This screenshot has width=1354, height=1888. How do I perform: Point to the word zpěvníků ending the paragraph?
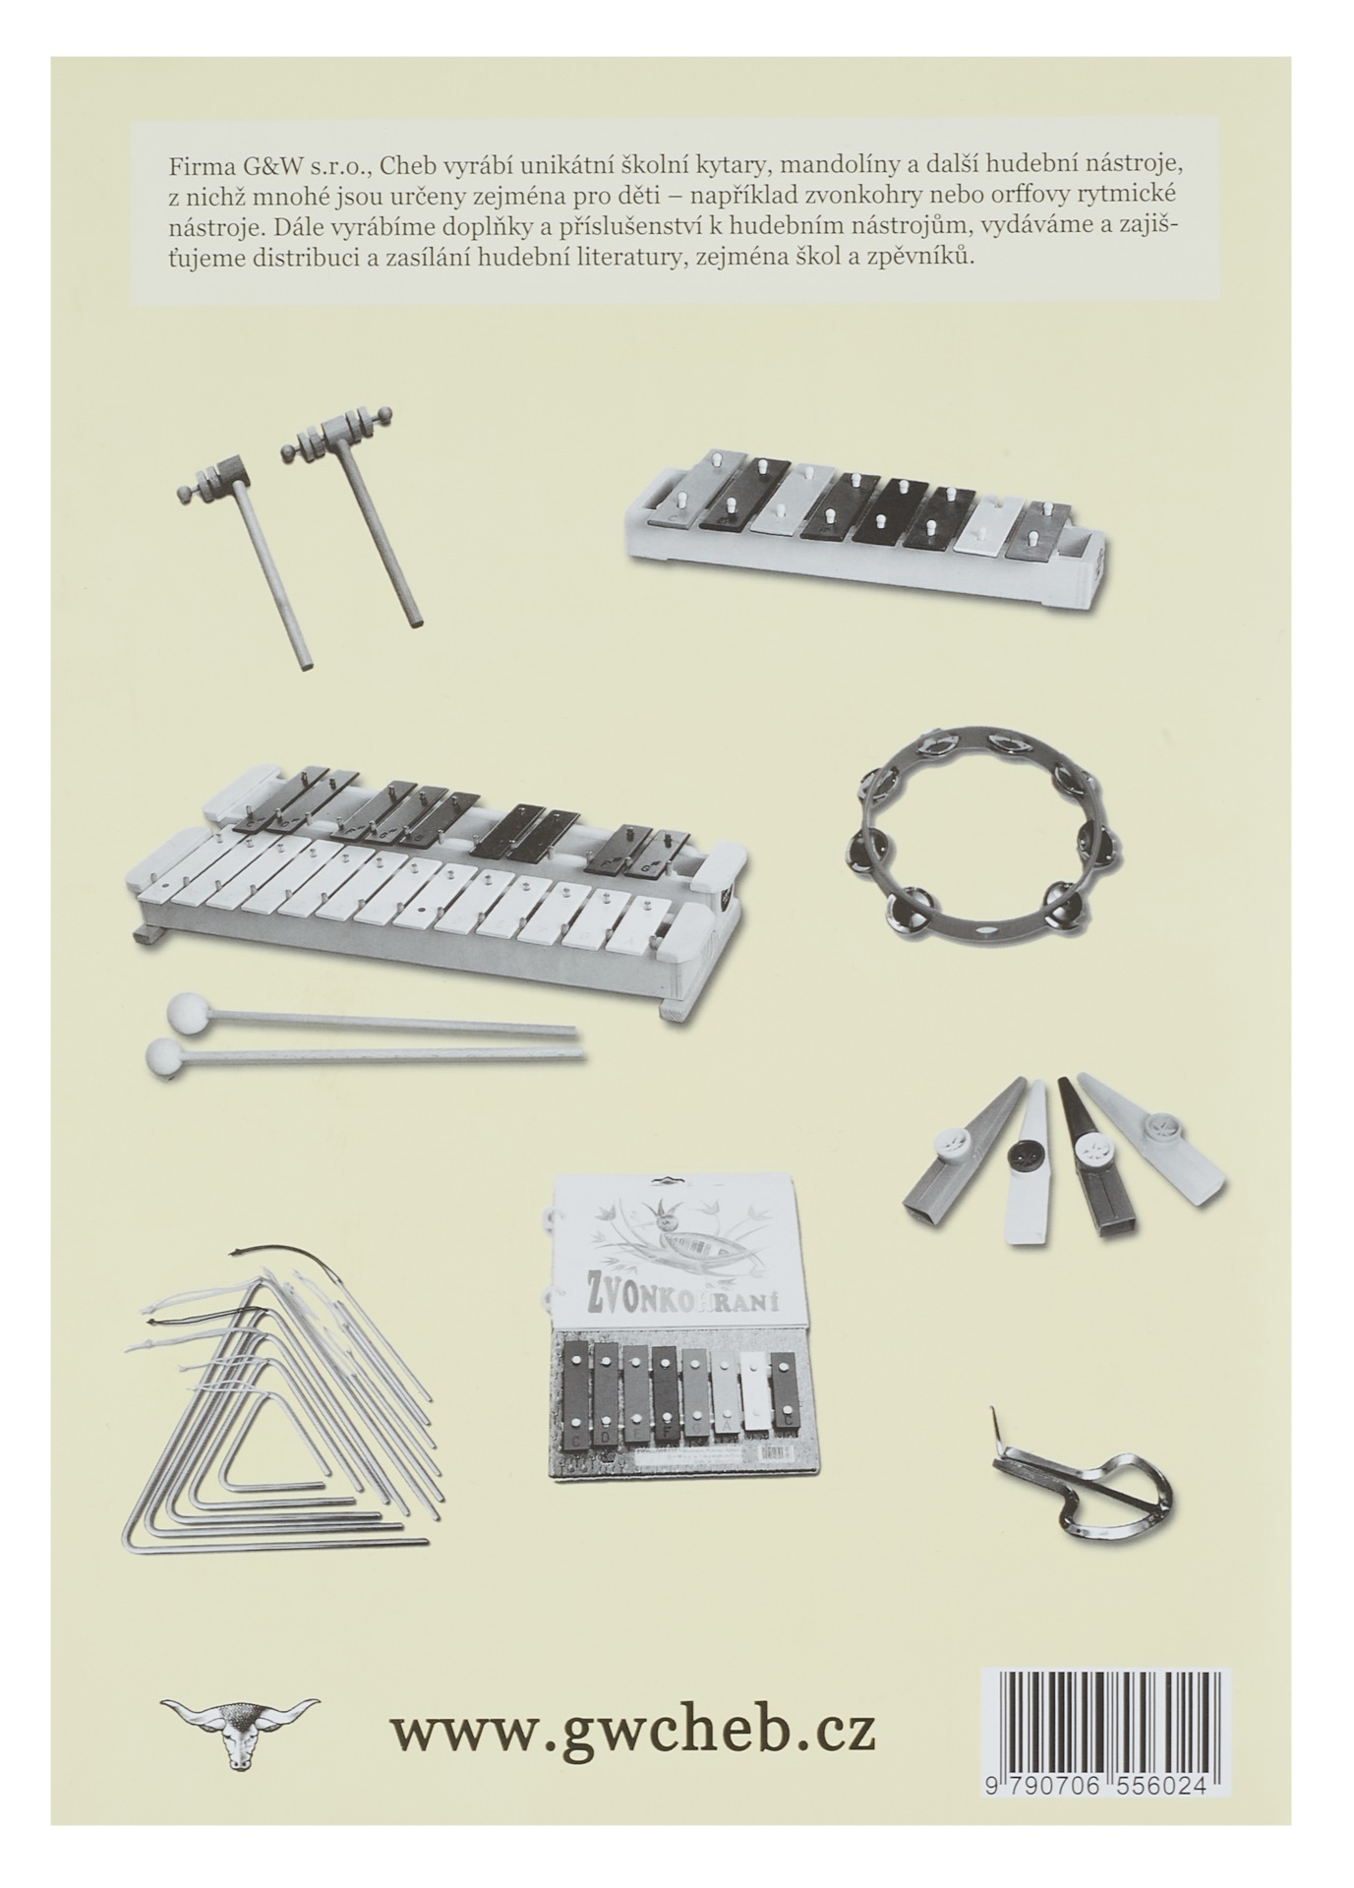coord(924,260)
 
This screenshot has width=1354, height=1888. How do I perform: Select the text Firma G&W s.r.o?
coord(266,162)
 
